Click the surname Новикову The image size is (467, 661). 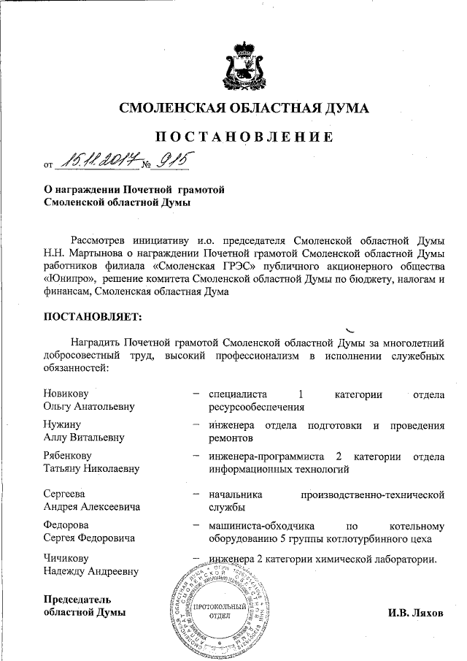click(x=68, y=395)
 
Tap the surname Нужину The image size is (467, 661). click(x=62, y=425)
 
